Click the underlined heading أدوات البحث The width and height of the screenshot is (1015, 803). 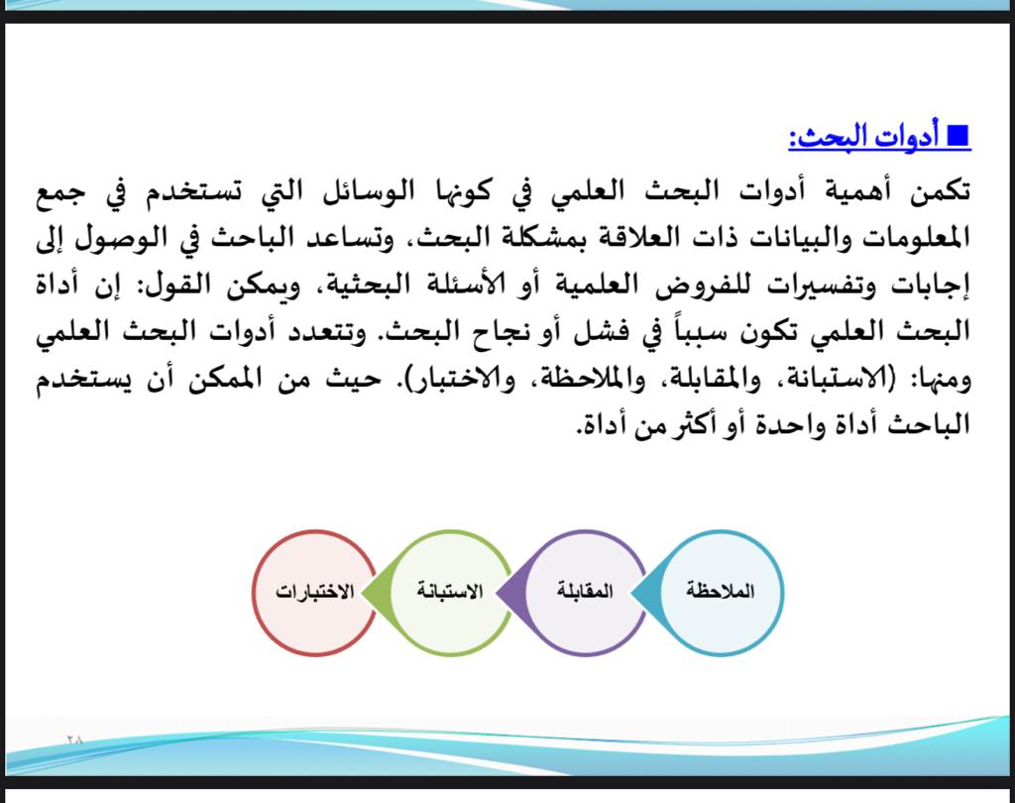[863, 137]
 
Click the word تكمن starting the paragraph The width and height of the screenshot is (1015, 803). [939, 191]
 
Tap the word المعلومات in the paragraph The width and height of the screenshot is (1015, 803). [918, 238]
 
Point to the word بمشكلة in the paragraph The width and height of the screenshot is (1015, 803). [537, 238]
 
